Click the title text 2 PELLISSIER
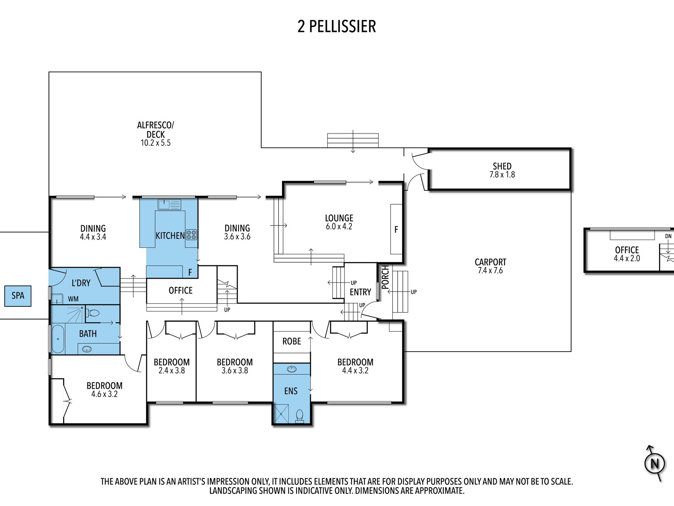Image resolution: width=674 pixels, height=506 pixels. click(337, 26)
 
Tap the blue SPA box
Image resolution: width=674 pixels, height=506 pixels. click(18, 296)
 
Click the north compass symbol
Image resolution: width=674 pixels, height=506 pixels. click(654, 463)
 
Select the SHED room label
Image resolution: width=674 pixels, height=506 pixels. click(502, 166)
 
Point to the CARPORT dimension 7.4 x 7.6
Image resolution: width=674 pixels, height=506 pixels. click(490, 271)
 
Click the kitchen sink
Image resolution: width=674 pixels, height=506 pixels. click(170, 205)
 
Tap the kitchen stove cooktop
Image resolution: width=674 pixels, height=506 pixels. click(192, 235)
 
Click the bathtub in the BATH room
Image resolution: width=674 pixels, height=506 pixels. click(58, 339)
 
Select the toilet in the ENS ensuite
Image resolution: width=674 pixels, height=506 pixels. click(300, 416)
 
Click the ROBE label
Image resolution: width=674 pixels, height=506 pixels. click(292, 341)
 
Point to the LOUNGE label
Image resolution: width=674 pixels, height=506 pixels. click(339, 218)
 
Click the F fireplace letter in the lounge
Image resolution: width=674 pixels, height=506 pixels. click(396, 230)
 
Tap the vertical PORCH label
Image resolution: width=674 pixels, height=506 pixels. click(385, 277)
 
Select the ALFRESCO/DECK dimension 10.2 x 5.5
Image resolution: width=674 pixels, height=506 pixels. click(155, 143)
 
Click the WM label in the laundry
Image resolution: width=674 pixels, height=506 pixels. click(73, 299)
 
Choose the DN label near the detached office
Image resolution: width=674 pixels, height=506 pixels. click(668, 236)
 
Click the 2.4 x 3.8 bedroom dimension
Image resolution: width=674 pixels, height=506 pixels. click(172, 371)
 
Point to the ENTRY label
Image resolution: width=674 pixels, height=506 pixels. click(360, 292)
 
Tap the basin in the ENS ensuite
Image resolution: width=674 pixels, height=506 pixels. click(292, 369)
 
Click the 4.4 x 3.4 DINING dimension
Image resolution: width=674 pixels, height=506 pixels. click(93, 237)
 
